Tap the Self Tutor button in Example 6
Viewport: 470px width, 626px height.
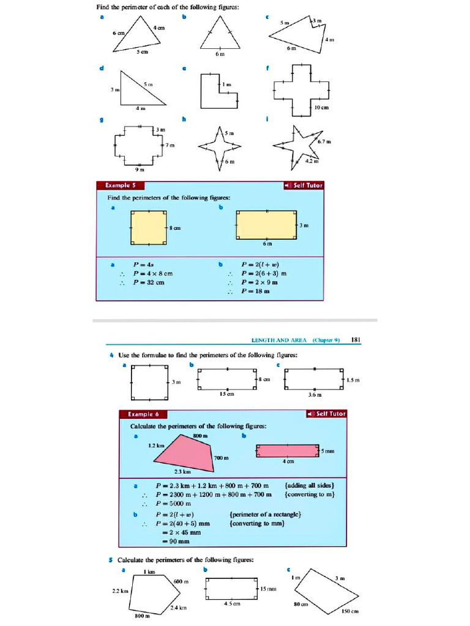point(326,414)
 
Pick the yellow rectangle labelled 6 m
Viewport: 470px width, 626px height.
point(266,225)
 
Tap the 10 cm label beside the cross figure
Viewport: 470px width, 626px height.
point(321,108)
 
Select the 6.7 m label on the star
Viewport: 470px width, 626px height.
point(324,142)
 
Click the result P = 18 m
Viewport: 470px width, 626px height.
point(256,291)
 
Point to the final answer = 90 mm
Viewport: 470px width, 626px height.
point(176,541)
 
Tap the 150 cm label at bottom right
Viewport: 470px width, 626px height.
point(349,611)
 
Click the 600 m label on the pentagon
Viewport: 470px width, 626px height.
point(181,581)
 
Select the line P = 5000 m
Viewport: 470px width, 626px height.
point(174,503)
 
